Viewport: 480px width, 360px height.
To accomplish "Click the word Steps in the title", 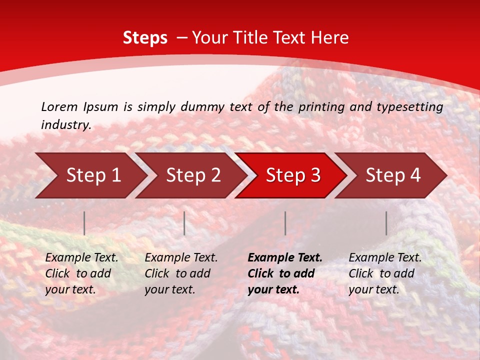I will click(145, 37).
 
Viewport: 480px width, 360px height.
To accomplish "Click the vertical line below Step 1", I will click(84, 223).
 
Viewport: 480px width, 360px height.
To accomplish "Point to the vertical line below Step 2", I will click(184, 223).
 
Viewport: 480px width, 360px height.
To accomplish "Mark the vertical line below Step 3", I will click(285, 223).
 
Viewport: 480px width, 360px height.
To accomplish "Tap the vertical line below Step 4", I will click(386, 223).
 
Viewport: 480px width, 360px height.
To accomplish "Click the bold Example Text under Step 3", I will click(285, 258).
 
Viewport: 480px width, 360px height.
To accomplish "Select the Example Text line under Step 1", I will click(81, 258).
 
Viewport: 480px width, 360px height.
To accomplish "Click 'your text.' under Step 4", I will click(373, 289).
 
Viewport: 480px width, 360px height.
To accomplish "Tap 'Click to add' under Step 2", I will click(177, 273).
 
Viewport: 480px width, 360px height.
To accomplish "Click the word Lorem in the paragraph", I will click(59, 106).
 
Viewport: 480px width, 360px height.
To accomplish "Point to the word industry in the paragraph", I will click(66, 125).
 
